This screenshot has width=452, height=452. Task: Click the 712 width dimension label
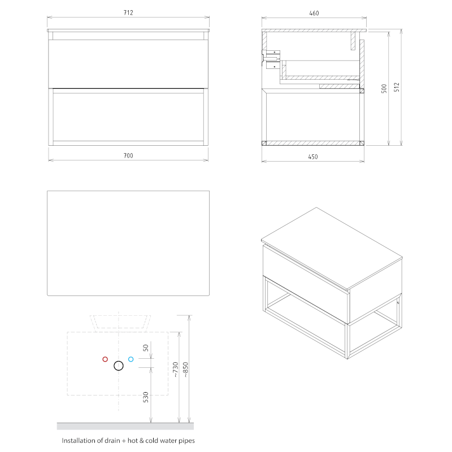pyautogui.click(x=128, y=12)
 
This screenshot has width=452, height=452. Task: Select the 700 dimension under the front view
pyautogui.click(x=128, y=156)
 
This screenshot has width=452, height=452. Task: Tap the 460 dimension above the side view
pyautogui.click(x=314, y=13)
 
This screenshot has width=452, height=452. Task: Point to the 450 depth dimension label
pyautogui.click(x=313, y=157)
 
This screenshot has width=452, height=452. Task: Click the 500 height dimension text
pyautogui.click(x=384, y=89)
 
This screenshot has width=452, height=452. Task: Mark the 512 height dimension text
pyautogui.click(x=397, y=87)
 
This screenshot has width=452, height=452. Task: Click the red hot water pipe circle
pyautogui.click(x=105, y=359)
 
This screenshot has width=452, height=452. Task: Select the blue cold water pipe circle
pyautogui.click(x=131, y=359)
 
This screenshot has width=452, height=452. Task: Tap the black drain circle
pyautogui.click(x=119, y=366)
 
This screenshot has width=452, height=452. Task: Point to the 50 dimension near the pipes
pyautogui.click(x=146, y=348)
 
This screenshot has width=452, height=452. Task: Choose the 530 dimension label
pyautogui.click(x=146, y=397)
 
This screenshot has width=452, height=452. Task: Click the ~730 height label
pyautogui.click(x=176, y=370)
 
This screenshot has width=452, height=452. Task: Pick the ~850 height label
pyautogui.click(x=185, y=370)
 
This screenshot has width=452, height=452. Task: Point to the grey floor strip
pyautogui.click(x=125, y=426)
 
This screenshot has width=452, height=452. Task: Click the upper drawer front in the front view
pyautogui.click(x=128, y=64)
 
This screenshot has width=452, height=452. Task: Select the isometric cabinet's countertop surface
pyautogui.click(x=332, y=248)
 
